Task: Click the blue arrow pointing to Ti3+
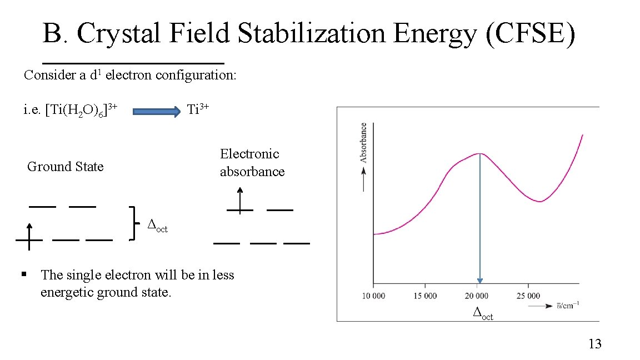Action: [x=157, y=112]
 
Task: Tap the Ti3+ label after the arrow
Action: [x=198, y=109]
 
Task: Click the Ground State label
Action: [x=65, y=167]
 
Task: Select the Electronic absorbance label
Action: [x=252, y=163]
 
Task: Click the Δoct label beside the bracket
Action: [x=157, y=226]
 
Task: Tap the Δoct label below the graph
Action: [x=482, y=314]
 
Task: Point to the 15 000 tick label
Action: [x=425, y=296]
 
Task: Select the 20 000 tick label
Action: [x=477, y=296]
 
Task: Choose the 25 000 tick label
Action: [x=528, y=296]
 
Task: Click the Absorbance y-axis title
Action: [x=364, y=143]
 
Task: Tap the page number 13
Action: [x=594, y=344]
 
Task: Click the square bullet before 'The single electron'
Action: [x=24, y=274]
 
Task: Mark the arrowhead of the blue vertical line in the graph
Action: [x=479, y=281]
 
